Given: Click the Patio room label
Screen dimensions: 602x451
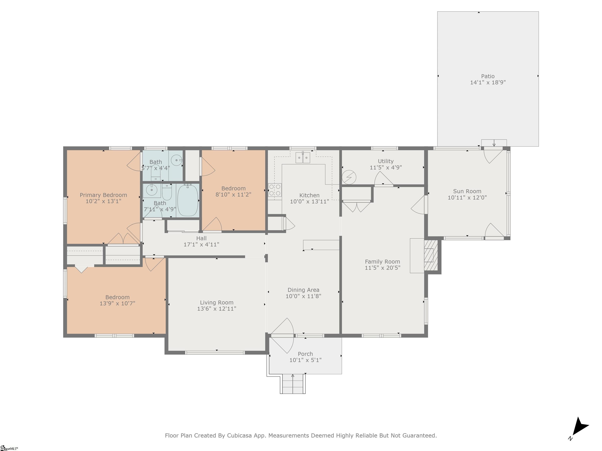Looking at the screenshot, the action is pos(488,76).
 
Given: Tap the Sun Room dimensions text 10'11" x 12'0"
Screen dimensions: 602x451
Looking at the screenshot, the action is pos(467,198).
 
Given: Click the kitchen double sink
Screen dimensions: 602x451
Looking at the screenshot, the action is pos(303,158).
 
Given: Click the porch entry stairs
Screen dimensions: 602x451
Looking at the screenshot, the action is pos(293,384).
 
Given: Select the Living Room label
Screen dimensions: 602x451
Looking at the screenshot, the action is pos(217,303).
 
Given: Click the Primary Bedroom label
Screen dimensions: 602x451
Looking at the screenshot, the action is pos(103,195).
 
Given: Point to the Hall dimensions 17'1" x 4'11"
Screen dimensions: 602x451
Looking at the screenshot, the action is pos(201,245).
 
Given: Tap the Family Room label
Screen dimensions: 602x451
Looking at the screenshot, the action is pos(382,262).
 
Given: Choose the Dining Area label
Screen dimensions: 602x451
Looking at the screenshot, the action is pos(303,290).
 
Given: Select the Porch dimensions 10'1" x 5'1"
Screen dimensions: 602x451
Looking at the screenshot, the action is pos(305,360).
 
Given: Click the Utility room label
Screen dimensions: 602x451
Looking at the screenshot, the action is pos(386,161).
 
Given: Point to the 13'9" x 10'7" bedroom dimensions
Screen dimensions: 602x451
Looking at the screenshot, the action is pos(117,303).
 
